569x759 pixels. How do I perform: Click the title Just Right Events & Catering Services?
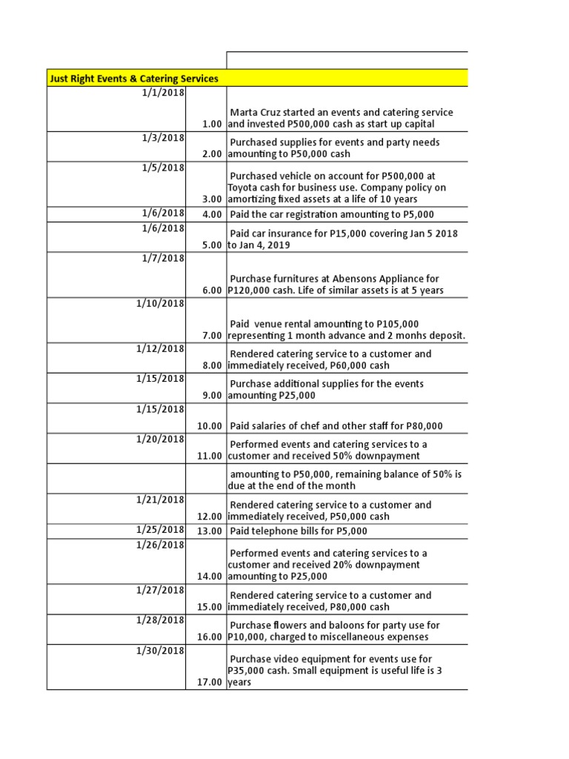click(133, 78)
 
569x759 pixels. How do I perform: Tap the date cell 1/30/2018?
click(161, 651)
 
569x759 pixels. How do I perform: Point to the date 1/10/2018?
click(161, 304)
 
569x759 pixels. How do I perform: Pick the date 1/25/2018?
click(161, 530)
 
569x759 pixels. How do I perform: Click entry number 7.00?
click(211, 336)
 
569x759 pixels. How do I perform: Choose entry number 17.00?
click(209, 683)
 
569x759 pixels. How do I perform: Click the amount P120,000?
click(253, 291)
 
